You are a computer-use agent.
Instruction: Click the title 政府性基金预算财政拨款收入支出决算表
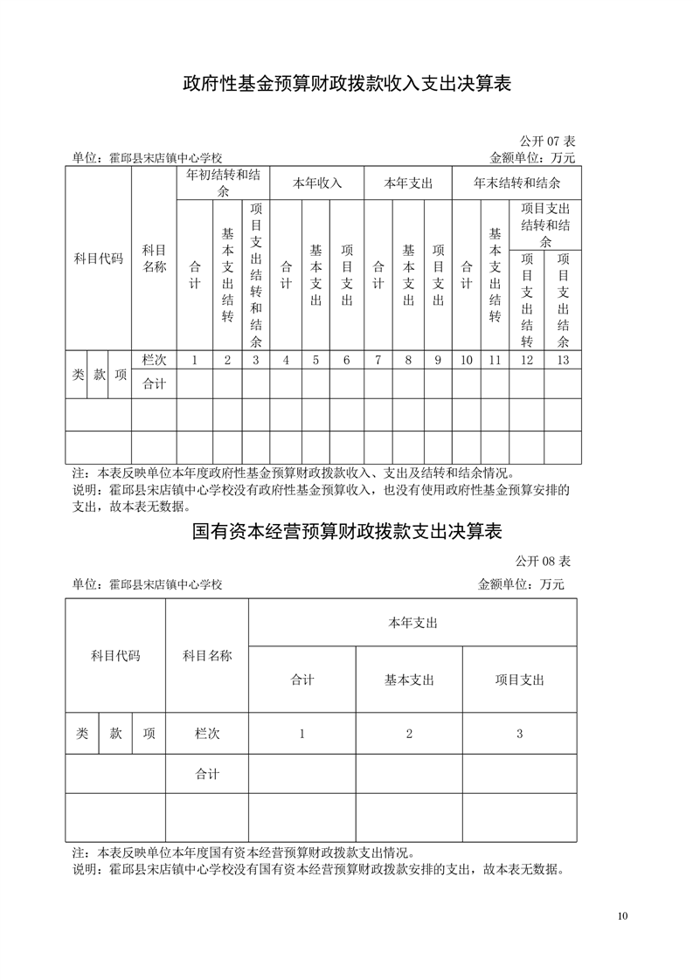346,84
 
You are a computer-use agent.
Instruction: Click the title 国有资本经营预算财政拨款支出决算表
346,532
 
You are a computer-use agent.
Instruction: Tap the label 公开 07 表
547,141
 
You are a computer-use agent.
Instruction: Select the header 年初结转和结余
223,183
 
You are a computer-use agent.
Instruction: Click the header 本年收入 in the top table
316,183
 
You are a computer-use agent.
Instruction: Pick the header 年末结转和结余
516,183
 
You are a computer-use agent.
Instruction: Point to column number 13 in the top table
562,360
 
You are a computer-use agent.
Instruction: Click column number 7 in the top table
378,360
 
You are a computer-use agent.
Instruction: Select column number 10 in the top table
466,360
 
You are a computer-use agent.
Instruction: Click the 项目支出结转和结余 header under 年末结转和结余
545,224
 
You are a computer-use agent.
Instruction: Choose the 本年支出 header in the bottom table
412,623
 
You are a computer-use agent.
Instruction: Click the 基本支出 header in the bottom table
409,680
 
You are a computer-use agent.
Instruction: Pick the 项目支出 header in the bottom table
519,680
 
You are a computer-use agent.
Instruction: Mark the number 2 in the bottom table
409,734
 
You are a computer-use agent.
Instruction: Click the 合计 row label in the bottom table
207,774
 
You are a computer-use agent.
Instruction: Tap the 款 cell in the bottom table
115,734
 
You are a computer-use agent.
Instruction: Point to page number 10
622,916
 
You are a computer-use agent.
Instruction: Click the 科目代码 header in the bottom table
115,656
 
